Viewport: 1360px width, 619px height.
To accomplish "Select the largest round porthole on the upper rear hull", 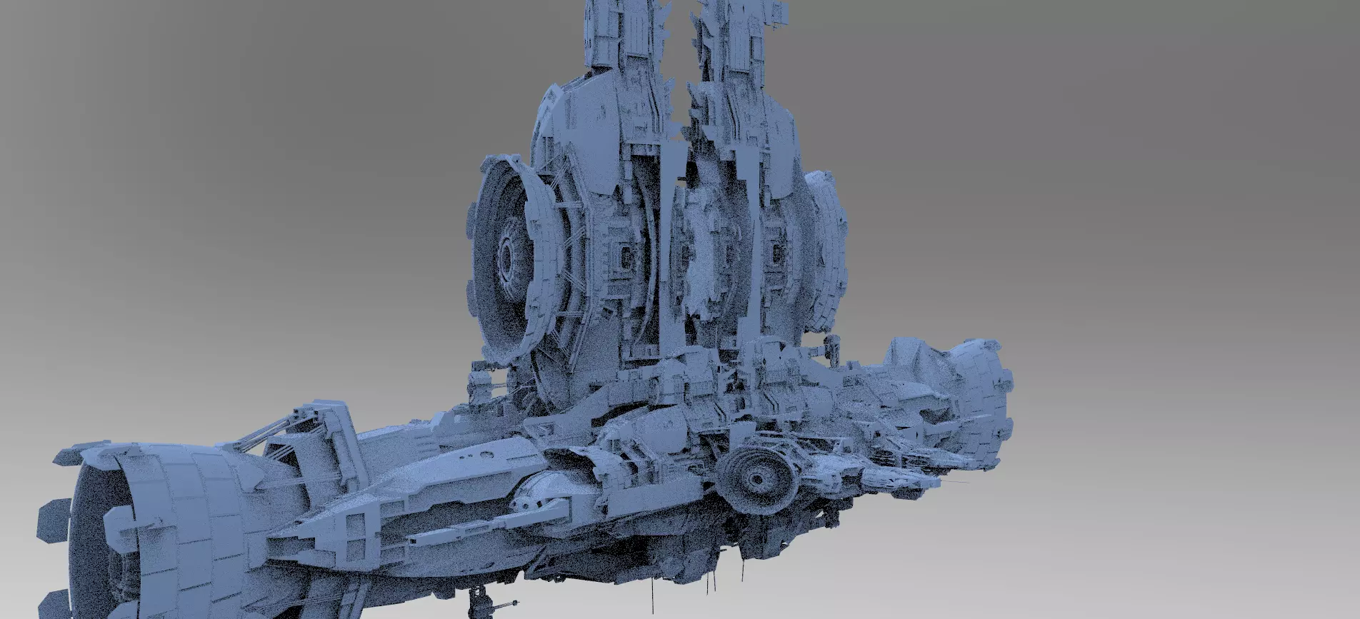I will [x=486, y=453].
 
